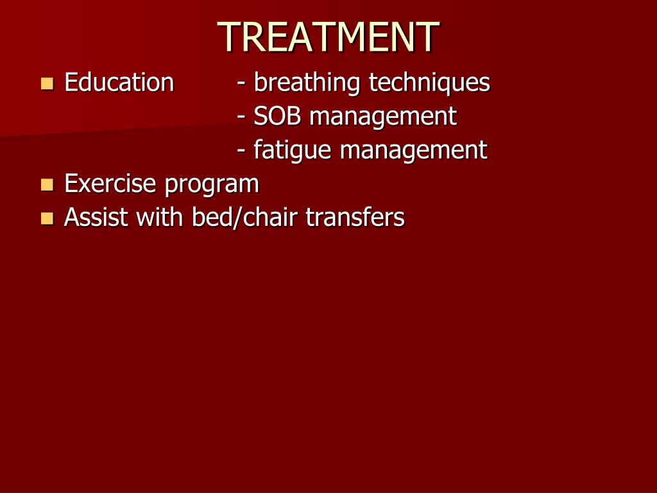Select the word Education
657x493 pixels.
(119, 82)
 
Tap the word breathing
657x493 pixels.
(306, 83)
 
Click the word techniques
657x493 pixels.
(429, 83)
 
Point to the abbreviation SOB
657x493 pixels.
(277, 116)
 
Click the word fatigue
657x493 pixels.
(293, 151)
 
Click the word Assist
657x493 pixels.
(96, 218)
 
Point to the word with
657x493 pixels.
(160, 217)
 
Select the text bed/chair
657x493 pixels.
(244, 218)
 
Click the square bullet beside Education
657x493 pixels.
(47, 83)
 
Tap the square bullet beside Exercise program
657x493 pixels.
(47, 185)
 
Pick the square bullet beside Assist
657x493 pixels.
(47, 219)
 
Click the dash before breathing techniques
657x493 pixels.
(241, 83)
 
